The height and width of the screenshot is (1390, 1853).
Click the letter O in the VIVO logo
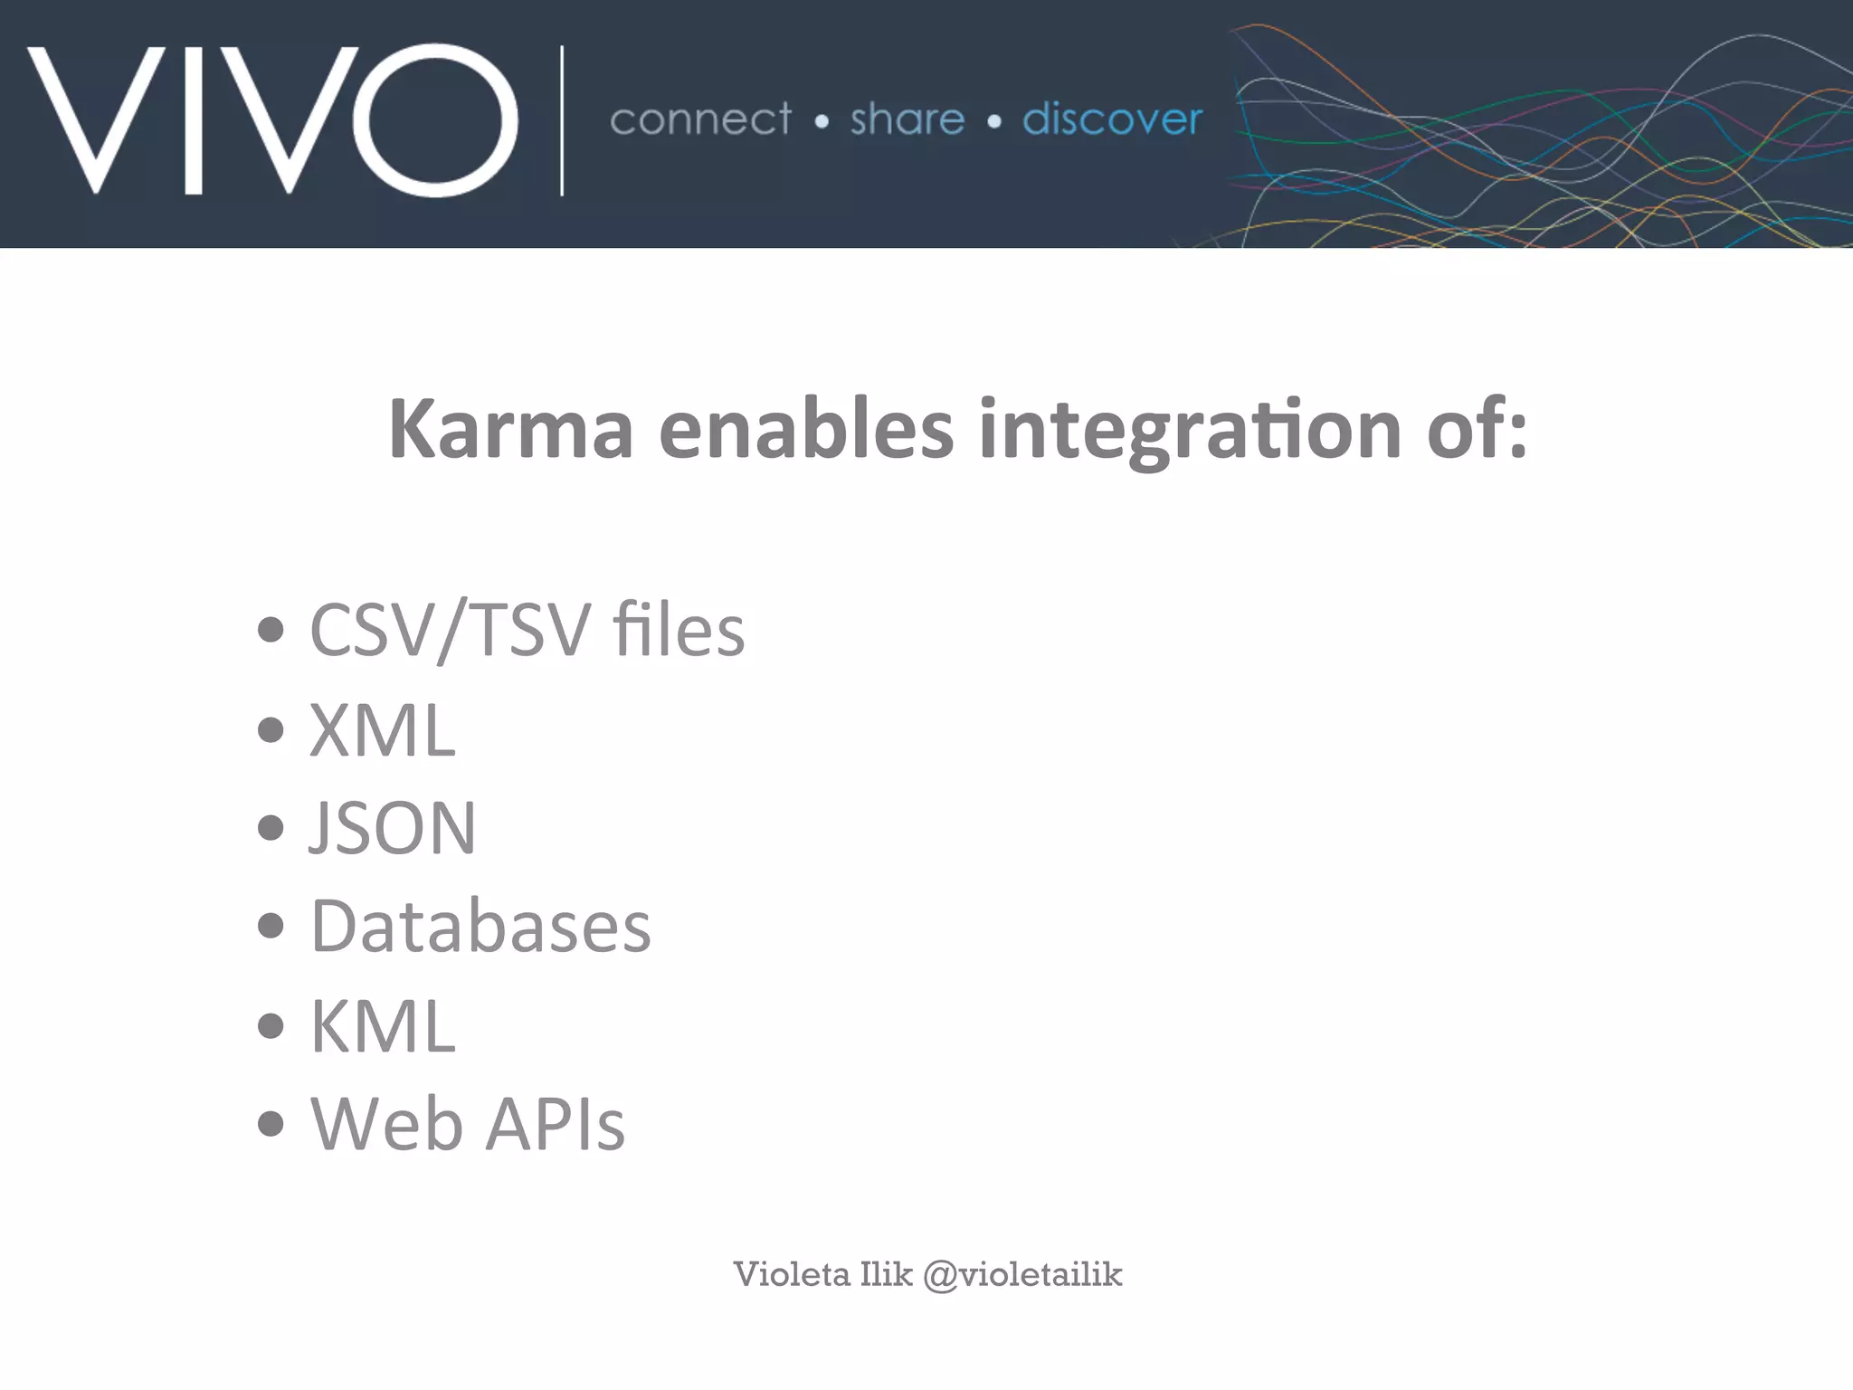point(435,120)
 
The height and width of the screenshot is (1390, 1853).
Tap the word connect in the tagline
point(700,119)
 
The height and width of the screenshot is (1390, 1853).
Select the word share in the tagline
point(907,119)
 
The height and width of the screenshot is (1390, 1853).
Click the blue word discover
point(1112,119)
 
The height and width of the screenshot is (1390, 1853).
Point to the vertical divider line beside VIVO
point(562,120)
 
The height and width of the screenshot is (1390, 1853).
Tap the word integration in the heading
point(1190,432)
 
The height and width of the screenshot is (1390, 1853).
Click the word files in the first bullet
point(679,630)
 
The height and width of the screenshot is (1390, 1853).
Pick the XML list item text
point(383,730)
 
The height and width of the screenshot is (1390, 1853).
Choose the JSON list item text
point(393,828)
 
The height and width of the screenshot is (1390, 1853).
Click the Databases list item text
point(480,927)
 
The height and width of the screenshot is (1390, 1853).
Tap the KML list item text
point(383,1027)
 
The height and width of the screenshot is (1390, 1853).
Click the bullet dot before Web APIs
point(271,1124)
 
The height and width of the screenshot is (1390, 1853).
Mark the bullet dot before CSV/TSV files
point(271,629)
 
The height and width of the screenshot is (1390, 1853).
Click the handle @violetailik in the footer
point(1022,1274)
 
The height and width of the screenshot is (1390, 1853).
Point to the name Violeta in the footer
point(792,1274)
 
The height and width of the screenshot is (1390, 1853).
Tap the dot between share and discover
point(994,121)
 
